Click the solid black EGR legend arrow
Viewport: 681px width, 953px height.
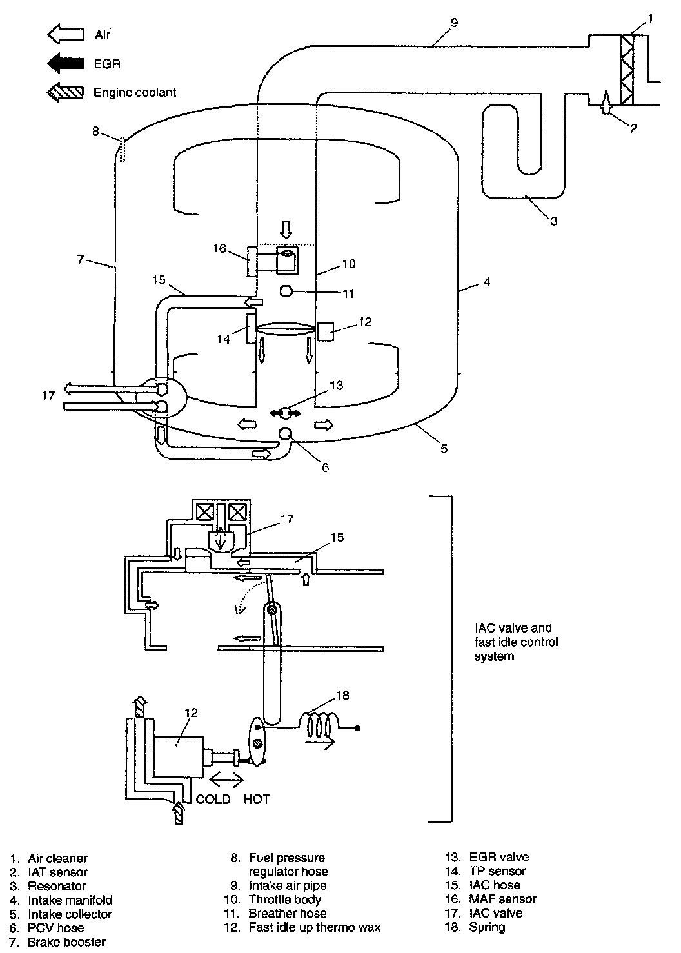point(65,63)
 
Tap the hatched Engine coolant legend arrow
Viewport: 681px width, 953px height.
point(65,92)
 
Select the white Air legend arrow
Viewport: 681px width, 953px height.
point(65,34)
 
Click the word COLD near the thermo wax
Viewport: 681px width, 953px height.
point(212,799)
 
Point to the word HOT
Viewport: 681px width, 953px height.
point(257,799)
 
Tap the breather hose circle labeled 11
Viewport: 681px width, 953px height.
point(286,291)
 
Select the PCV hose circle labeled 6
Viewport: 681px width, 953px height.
point(285,433)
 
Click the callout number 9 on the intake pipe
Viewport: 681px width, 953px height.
point(454,23)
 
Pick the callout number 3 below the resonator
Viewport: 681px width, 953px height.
point(553,221)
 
